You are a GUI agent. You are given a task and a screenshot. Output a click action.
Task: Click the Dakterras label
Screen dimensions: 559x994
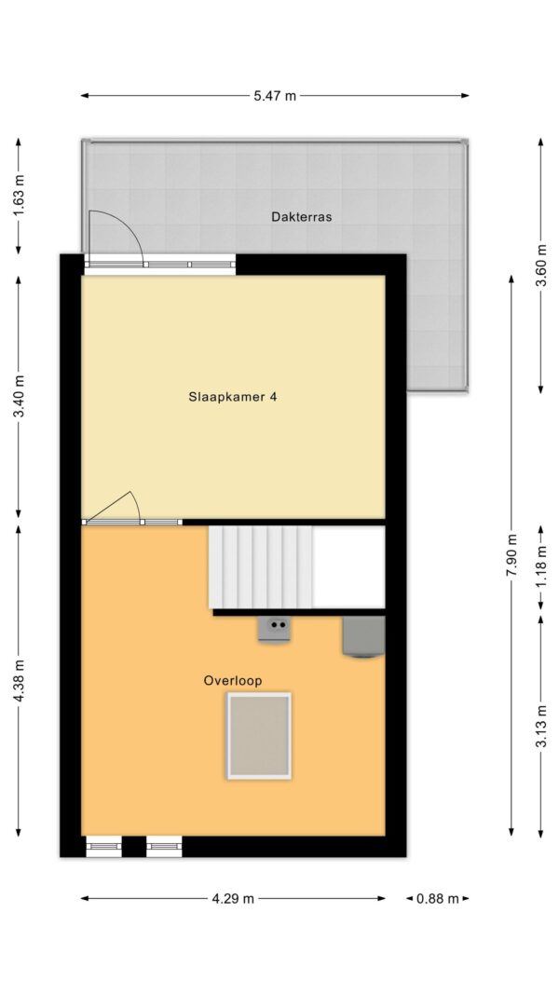302,217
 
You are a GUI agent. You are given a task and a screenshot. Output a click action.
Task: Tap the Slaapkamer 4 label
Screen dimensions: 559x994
233,398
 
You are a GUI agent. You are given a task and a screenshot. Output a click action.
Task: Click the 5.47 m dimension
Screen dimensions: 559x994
275,96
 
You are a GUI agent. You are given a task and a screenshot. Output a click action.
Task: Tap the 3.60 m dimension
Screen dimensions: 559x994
540,266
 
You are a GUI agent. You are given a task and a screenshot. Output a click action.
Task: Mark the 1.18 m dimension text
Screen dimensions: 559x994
540,567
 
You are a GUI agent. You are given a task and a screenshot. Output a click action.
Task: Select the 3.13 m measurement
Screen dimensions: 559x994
540,726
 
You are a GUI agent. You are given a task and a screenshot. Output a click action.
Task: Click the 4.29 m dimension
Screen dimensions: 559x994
233,898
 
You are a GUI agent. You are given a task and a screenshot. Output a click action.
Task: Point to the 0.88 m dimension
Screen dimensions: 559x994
437,898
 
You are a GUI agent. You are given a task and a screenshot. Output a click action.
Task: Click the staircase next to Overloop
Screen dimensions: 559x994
261,567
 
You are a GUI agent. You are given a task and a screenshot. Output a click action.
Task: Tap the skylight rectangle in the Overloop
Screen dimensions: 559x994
259,736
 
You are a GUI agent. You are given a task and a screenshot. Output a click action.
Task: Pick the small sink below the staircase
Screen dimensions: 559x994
275,629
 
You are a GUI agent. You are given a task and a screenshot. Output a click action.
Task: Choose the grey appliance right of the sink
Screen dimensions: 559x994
363,637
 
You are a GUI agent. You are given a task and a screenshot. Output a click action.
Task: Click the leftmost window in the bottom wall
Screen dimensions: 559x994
103,846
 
